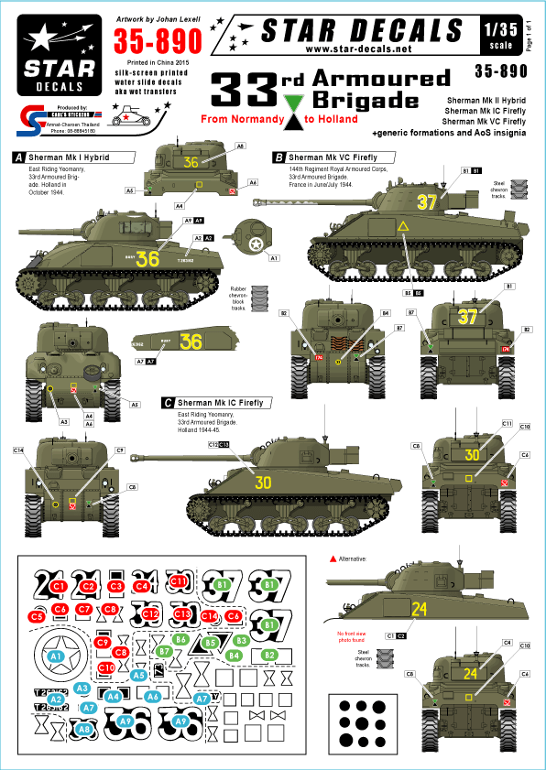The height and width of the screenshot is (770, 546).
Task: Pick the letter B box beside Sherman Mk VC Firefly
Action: [278, 157]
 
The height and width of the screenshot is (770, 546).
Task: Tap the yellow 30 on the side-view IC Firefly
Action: [264, 483]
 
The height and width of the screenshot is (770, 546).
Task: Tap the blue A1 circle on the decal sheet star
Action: [55, 656]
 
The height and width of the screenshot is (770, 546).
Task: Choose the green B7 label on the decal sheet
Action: [163, 650]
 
